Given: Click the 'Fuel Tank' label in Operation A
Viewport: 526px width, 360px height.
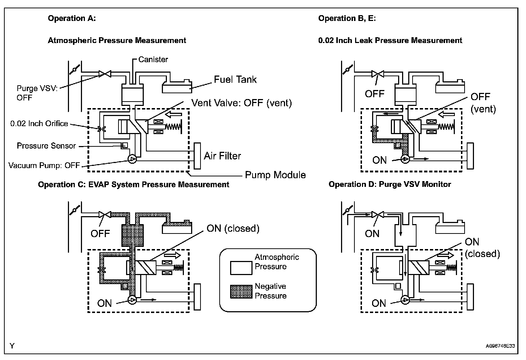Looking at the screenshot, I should point(235,80).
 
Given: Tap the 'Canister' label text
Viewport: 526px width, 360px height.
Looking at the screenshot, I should point(153,60).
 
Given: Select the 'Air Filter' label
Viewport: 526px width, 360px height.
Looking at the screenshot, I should point(222,156).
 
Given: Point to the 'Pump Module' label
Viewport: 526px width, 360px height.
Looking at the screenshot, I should point(275,175).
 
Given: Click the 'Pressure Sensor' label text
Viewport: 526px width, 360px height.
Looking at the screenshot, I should point(46,146).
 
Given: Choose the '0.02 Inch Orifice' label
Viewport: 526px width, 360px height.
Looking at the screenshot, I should point(39,124).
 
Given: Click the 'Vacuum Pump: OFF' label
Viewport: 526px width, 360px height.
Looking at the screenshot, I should point(44,166).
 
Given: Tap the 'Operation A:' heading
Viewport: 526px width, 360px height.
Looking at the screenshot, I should point(72,18).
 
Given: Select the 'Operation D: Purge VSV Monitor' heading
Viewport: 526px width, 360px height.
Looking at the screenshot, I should point(389,184).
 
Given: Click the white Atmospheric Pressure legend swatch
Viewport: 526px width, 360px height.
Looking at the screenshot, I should point(241,268).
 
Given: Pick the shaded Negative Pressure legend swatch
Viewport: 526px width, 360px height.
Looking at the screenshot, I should point(241,291).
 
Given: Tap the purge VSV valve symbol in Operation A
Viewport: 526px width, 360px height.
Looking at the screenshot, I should point(105,74).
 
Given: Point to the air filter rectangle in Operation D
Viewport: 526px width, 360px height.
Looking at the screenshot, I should point(470,297).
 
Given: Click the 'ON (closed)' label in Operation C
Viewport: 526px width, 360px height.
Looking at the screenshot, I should point(233,228).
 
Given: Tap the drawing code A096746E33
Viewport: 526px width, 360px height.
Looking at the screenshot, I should point(500,346).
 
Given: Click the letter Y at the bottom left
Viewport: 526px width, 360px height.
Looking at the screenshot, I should point(12,346).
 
